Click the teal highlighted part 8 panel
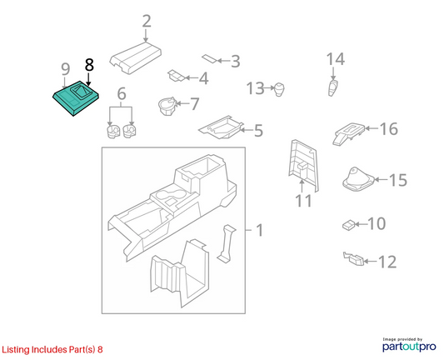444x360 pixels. [x=76, y=98]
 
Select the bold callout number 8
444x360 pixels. [x=89, y=65]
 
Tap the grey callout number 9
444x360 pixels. [x=66, y=69]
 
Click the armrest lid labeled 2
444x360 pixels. [x=135, y=58]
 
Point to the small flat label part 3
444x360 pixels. [x=209, y=58]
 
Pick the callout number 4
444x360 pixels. [x=203, y=78]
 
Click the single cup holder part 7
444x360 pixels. [x=167, y=106]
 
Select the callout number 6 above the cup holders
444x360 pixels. [x=122, y=93]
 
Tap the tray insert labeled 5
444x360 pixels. [x=221, y=127]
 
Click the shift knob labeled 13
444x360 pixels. [x=279, y=89]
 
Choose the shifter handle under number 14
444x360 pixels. [x=333, y=87]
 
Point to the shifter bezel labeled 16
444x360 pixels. [x=348, y=134]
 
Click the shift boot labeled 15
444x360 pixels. [x=358, y=179]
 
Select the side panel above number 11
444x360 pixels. [x=303, y=165]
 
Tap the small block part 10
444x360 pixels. [x=348, y=225]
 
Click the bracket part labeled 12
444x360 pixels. [x=353, y=259]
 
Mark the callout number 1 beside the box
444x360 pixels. [x=259, y=230]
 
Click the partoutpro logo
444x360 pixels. [x=409, y=345]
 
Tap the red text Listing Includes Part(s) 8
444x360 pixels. [x=52, y=349]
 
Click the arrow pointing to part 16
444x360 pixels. [x=372, y=128]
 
